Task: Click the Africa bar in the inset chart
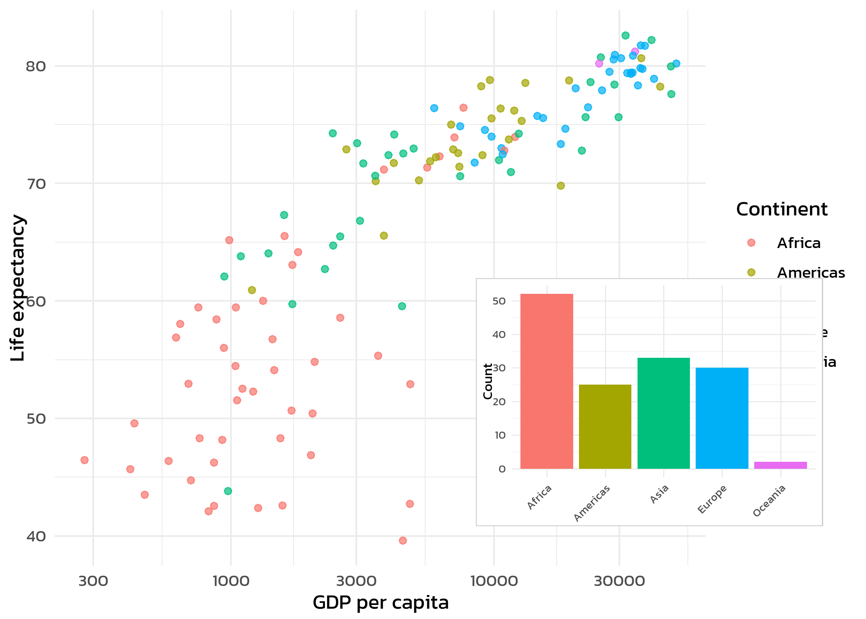tap(546, 381)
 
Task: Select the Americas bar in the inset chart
tap(605, 427)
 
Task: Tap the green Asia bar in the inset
tap(664, 413)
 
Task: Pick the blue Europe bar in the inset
tap(722, 418)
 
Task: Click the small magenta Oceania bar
tap(780, 465)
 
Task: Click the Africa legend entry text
tap(799, 243)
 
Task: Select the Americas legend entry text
tap(811, 273)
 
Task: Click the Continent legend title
tap(781, 209)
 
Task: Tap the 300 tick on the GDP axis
tap(93, 581)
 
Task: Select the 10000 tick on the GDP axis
tap(494, 581)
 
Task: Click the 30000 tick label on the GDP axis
tap(619, 581)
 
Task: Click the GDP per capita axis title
tap(380, 602)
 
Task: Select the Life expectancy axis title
tap(18, 288)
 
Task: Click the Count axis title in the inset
tap(488, 381)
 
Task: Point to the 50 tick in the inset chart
tap(499, 301)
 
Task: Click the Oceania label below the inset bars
tap(770, 501)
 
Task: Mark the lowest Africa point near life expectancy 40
tap(403, 541)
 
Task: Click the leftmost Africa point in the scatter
tap(85, 460)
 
